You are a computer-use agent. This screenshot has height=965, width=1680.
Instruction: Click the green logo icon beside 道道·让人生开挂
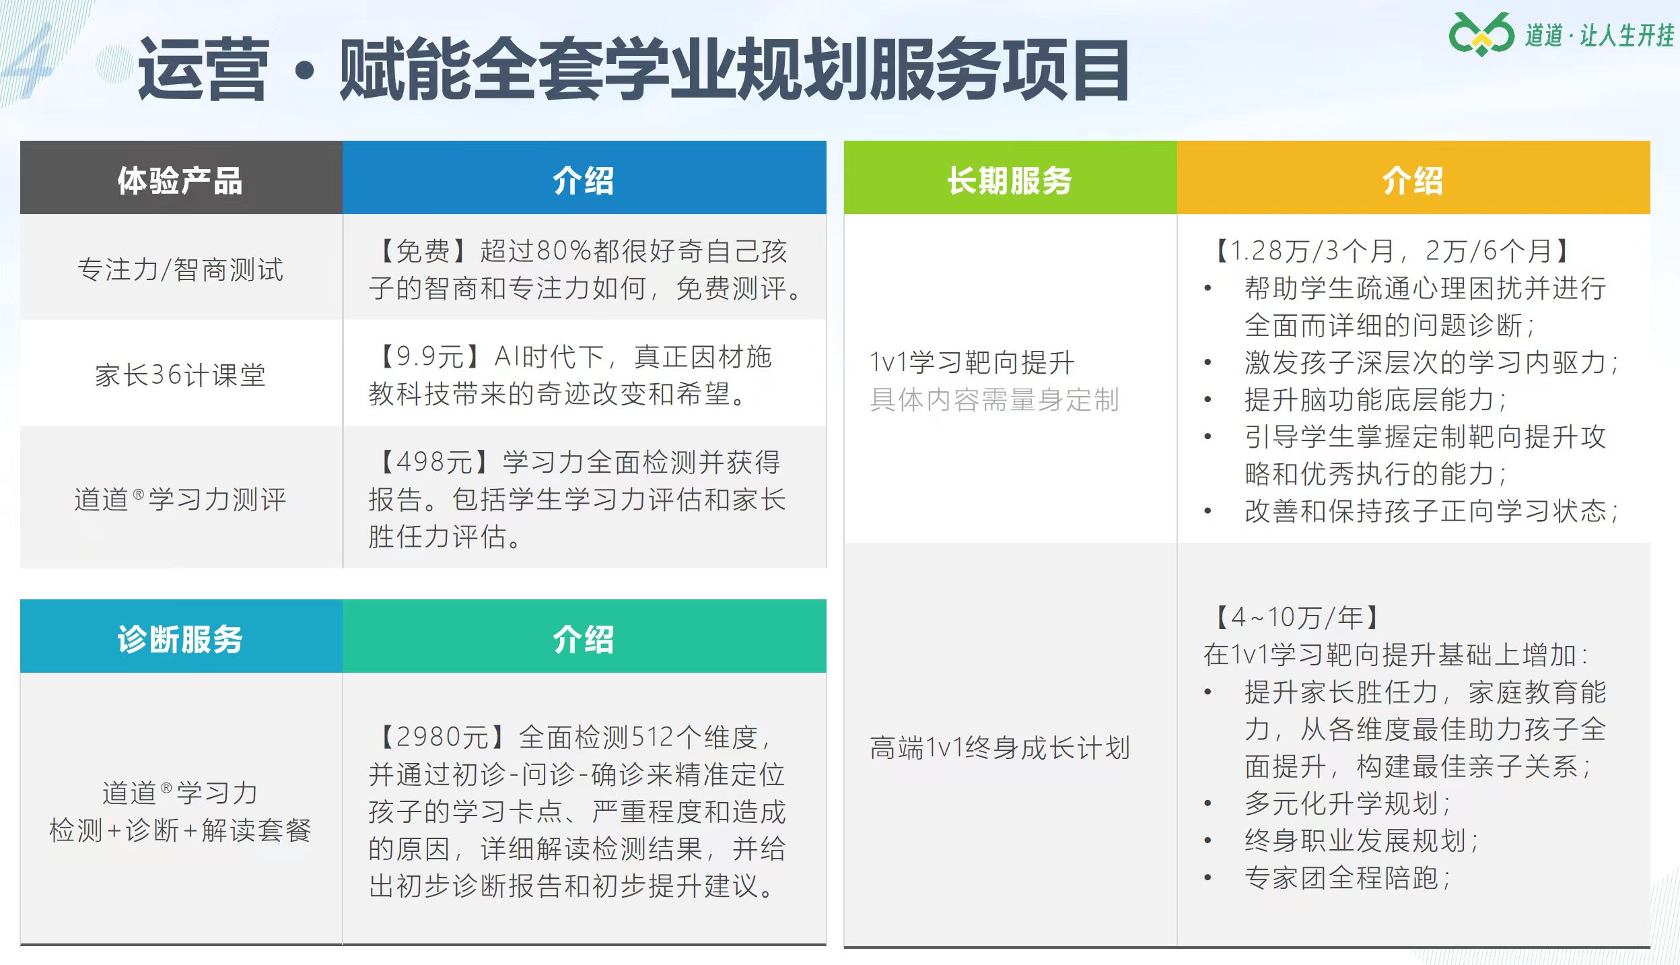point(1481,34)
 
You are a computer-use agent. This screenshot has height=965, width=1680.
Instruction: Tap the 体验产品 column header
point(180,180)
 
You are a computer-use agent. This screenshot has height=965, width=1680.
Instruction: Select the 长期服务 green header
point(1010,180)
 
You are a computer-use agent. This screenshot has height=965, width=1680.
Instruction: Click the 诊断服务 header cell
point(180,639)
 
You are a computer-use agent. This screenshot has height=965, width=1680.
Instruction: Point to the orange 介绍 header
point(1413,180)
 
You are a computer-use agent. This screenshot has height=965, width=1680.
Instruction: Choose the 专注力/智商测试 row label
point(180,269)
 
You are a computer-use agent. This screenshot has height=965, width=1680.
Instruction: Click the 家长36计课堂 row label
point(180,375)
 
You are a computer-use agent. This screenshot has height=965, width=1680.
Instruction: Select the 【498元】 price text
point(433,462)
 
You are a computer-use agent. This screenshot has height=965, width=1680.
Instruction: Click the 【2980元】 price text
point(441,737)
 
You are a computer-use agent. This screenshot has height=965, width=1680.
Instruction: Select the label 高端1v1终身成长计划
point(1000,748)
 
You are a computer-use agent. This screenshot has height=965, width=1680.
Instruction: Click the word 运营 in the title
point(203,70)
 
